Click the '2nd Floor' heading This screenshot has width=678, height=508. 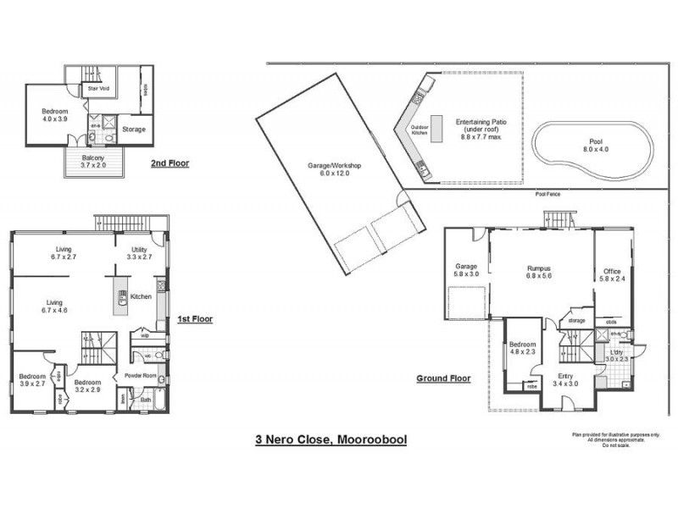point(169,163)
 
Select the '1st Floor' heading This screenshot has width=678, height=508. point(194,319)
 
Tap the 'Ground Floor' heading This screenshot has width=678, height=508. point(443,378)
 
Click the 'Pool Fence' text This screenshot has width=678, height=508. point(547,194)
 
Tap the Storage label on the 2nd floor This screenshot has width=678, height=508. point(134,130)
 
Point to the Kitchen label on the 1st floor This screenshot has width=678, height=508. point(142,296)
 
